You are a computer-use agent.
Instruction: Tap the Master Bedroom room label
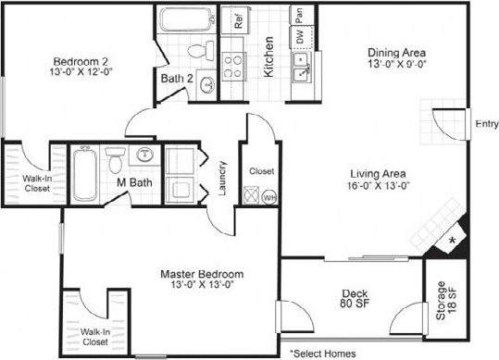(202, 274)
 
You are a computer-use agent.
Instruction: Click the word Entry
(485, 124)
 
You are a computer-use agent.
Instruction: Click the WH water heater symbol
(270, 196)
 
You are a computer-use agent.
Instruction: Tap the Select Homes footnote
(323, 353)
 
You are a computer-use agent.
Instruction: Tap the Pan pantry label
(299, 14)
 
